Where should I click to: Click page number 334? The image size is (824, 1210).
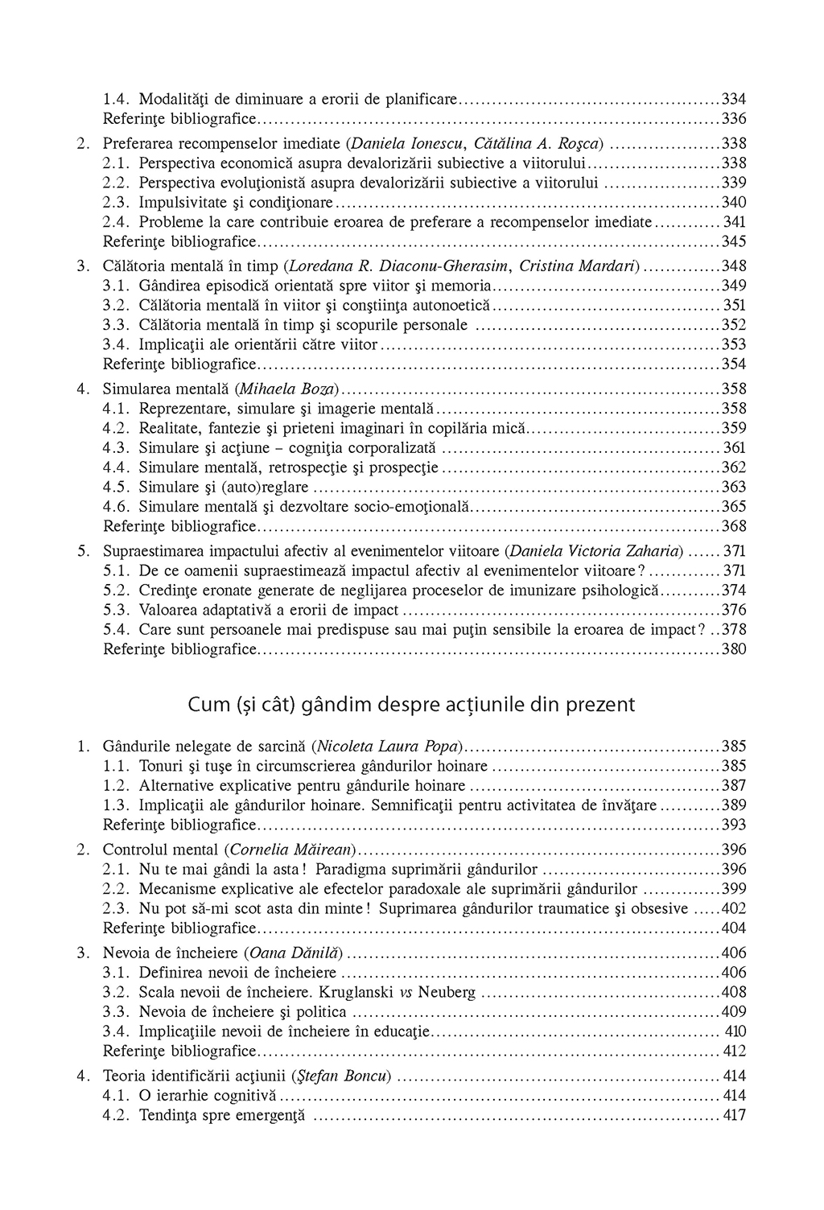pyautogui.click(x=733, y=100)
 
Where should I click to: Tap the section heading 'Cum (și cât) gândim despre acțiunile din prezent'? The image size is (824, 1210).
pyautogui.click(x=411, y=705)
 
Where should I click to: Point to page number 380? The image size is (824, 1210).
pyautogui.click(x=733, y=649)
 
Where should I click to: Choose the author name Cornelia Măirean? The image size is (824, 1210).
pyautogui.click(x=291, y=850)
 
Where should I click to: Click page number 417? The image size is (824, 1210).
pyautogui.click(x=733, y=1116)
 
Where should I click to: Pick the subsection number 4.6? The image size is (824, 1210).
pyautogui.click(x=117, y=507)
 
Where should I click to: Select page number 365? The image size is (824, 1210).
pyautogui.click(x=733, y=507)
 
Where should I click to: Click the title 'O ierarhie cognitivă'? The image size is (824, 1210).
pyautogui.click(x=207, y=1096)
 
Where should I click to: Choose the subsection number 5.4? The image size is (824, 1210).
pyautogui.click(x=117, y=630)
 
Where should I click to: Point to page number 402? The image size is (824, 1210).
pyautogui.click(x=733, y=909)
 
